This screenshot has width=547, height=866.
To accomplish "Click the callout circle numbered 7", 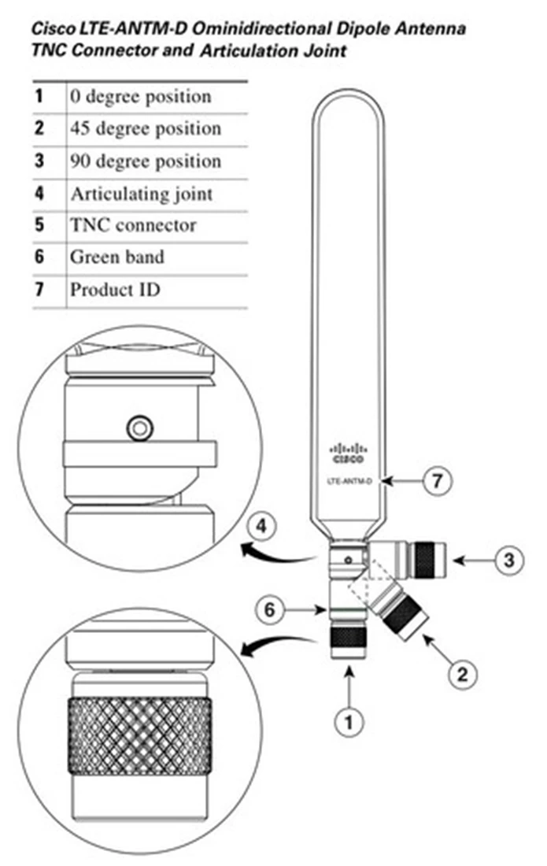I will click(x=438, y=481).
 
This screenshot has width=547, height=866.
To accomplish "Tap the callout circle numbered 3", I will click(x=508, y=561).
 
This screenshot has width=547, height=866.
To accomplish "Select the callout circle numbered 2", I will click(x=462, y=673).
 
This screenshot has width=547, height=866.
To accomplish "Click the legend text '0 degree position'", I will click(x=141, y=97).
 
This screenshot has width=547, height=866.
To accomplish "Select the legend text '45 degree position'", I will click(x=146, y=128).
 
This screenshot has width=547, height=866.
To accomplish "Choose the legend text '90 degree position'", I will click(x=146, y=161).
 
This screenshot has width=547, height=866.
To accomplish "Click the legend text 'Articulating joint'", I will click(x=142, y=193).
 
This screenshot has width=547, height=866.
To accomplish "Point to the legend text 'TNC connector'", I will click(x=133, y=225).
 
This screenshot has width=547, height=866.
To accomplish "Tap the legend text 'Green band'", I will click(x=117, y=257).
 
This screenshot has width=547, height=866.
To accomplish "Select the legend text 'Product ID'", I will click(x=115, y=289).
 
